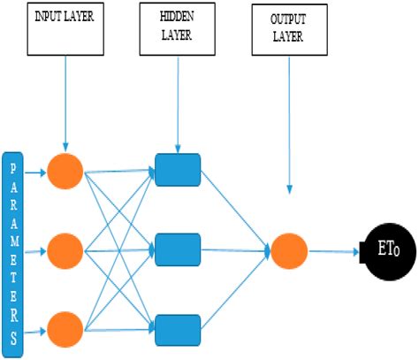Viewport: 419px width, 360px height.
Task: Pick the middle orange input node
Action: [65, 250]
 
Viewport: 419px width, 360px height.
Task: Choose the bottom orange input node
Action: [65, 330]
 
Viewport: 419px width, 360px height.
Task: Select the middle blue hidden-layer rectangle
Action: [177, 250]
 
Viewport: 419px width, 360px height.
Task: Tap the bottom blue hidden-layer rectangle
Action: [177, 329]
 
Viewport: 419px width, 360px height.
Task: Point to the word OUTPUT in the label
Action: [288, 19]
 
